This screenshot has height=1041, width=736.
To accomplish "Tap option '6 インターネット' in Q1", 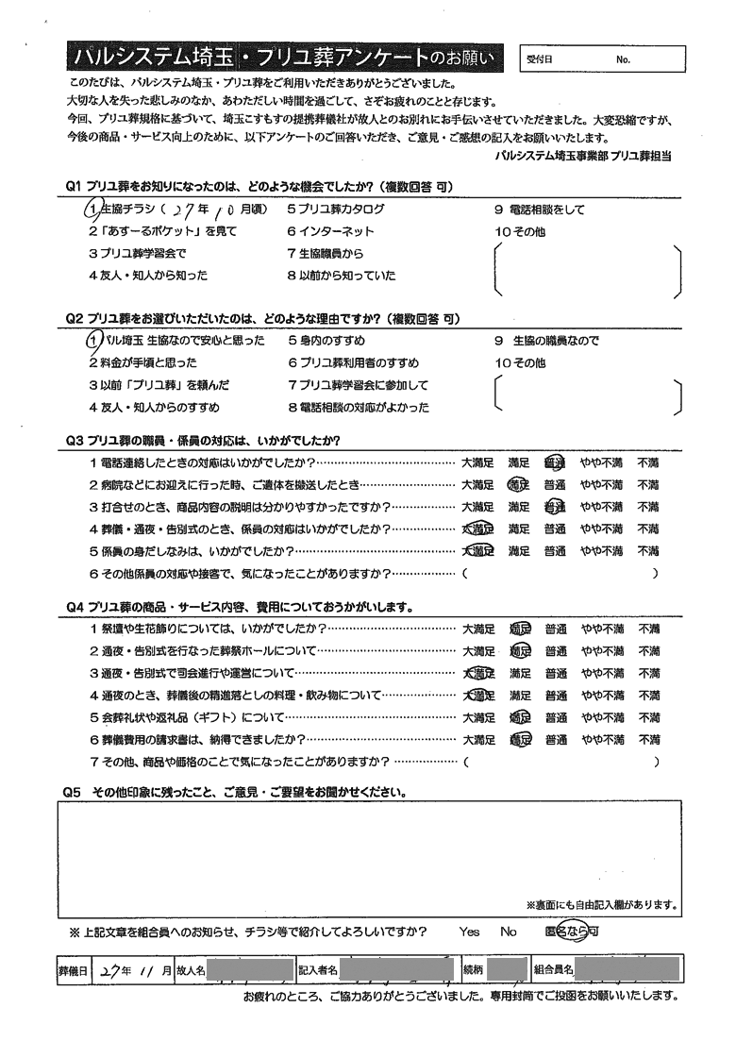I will point(330,231).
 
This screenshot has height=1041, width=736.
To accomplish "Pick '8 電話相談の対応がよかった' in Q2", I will point(359,408).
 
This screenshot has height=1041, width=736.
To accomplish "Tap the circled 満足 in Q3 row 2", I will point(519,485).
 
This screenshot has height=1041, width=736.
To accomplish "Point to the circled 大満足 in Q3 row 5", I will point(478,551).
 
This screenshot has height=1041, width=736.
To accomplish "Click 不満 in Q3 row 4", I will point(648,529).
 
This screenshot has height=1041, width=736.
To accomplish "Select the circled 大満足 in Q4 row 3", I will point(478,674).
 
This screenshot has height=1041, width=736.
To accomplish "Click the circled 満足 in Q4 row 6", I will point(519,740).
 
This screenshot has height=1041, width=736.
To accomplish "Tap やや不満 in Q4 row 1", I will point(601,629).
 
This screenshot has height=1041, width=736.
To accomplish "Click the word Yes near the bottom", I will point(469,932).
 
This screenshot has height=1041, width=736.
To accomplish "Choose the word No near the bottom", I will point(509,932).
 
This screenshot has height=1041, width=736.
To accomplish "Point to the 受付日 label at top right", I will point(540,59).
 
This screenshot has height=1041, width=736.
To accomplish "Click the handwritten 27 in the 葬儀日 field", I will point(108,969).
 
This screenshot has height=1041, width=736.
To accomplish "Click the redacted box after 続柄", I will point(507,968).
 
